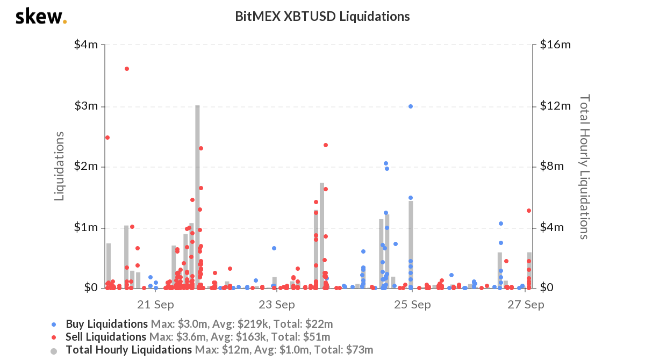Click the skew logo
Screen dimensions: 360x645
coord(41,17)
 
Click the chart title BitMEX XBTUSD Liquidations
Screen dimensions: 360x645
coord(322,17)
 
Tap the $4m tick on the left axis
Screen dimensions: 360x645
coord(86,45)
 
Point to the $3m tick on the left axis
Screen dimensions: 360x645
coord(86,106)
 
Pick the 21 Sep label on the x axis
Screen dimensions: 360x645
coord(155,305)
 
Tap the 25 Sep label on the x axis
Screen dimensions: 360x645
coord(412,305)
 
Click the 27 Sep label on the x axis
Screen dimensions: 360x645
coord(526,305)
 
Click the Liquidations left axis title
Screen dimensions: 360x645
coord(60,166)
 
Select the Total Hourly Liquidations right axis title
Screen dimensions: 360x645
coord(584,167)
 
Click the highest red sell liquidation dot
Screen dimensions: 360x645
coord(127,69)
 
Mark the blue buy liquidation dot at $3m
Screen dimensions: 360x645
coord(411,106)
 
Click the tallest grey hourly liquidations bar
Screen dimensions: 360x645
coord(197,196)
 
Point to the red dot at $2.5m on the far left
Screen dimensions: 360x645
coord(107,138)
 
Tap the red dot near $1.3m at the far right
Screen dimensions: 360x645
coord(529,211)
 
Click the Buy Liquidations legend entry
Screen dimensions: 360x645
coord(106,324)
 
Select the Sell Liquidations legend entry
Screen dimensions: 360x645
coord(106,337)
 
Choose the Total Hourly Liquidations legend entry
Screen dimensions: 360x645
coord(128,350)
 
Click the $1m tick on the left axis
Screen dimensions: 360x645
coord(86,227)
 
